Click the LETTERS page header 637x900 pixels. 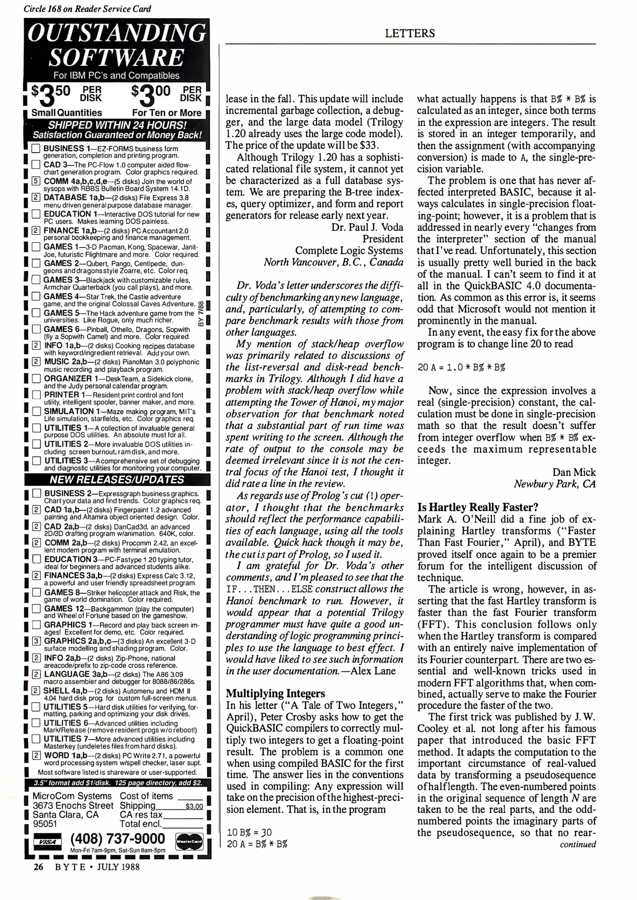point(409,33)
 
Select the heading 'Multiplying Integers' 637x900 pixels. point(275,693)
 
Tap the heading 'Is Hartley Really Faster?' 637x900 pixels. point(478,507)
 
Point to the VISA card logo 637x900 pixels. point(47,841)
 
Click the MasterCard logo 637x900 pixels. point(189,841)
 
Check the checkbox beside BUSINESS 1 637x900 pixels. point(36,149)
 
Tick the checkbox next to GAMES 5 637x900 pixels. point(36,313)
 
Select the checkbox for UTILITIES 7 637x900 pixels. point(36,740)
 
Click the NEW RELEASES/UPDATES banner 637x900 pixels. point(117,480)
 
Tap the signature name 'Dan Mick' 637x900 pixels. point(574,472)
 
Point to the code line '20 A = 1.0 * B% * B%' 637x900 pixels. point(461,367)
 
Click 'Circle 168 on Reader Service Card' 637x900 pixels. point(87,9)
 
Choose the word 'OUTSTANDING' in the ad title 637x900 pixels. point(117,33)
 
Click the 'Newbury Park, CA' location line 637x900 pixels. point(554,484)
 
